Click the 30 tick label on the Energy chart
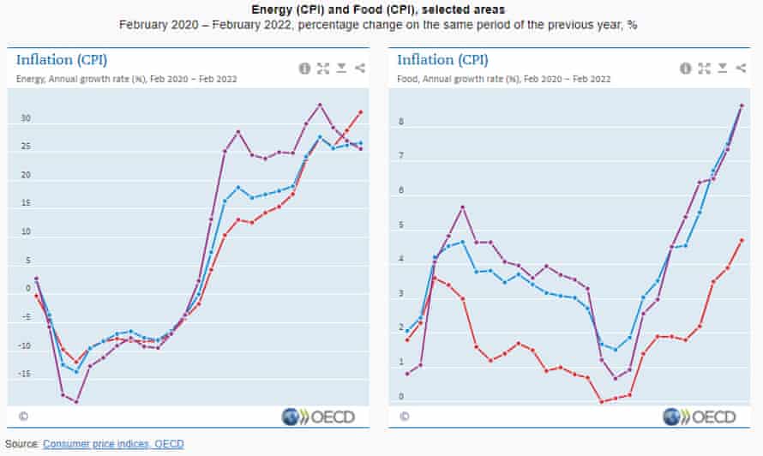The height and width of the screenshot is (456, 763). [x=25, y=118]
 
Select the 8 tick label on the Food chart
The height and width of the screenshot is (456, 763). [x=400, y=123]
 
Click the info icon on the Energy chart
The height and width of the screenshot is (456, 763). [x=304, y=69]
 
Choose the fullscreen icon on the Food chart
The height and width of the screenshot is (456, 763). [x=704, y=69]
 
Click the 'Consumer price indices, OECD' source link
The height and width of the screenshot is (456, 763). [x=112, y=444]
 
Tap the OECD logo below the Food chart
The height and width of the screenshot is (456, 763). [x=700, y=417]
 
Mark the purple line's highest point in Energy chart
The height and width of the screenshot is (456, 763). [x=320, y=105]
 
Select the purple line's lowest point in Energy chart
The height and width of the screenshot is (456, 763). [x=76, y=402]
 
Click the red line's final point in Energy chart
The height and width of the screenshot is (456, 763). [x=360, y=111]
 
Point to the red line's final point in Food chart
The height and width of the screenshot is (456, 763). [x=742, y=240]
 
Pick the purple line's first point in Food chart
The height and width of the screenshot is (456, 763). [x=407, y=374]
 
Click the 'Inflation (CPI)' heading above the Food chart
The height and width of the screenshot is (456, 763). [x=442, y=59]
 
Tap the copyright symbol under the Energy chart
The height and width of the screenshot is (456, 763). [x=23, y=417]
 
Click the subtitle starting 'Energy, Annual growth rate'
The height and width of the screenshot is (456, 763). [x=127, y=79]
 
